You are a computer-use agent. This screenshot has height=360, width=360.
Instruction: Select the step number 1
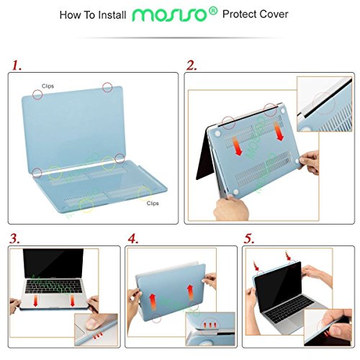[x=15, y=66]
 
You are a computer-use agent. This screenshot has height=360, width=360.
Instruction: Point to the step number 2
[x=192, y=66]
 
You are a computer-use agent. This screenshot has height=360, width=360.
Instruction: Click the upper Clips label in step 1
[x=48, y=86]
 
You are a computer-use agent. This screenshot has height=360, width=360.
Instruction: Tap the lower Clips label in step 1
[x=153, y=203]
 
